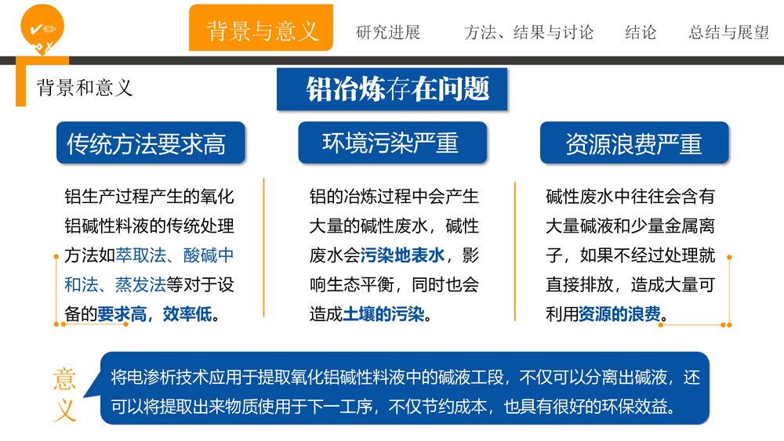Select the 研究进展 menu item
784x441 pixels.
388,33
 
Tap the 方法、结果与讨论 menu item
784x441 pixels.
528,33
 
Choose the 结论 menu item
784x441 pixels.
641,33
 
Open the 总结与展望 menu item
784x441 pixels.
728,33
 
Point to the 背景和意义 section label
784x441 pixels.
85,88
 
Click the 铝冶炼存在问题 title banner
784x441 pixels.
397,89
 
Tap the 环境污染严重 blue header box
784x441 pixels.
390,143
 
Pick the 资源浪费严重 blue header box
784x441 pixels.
633,143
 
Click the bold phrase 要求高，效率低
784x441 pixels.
154,315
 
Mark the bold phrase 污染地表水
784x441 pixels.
402,255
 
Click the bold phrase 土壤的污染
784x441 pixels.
383,315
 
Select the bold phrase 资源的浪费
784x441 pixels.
619,315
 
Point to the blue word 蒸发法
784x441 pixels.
140,285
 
